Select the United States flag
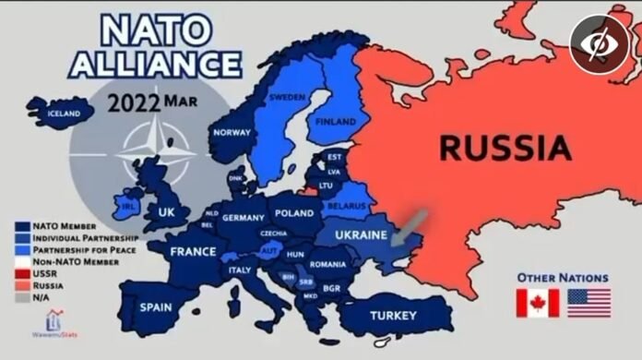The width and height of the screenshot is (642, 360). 588,303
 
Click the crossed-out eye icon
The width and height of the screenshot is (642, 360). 598,44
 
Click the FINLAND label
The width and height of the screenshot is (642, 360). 337,121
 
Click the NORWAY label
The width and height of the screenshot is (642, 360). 232,132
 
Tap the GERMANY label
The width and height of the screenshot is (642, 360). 244,218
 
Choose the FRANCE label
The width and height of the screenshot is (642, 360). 192,251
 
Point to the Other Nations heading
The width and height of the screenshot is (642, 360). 562,276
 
